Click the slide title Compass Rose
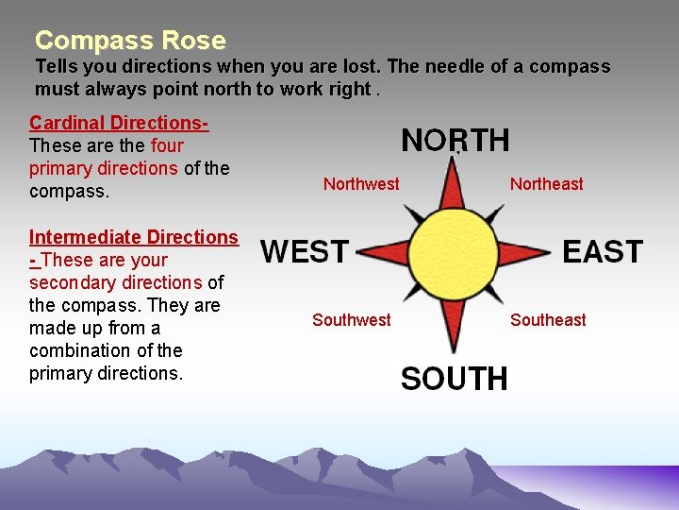click(x=130, y=41)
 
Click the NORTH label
click(x=455, y=141)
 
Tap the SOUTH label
click(x=454, y=379)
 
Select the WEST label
click(x=305, y=252)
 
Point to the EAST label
click(x=603, y=252)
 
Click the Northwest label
click(x=361, y=184)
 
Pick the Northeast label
click(x=546, y=184)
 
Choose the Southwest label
click(x=351, y=320)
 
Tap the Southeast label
click(x=548, y=320)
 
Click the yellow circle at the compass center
click(x=455, y=253)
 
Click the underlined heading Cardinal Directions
click(x=119, y=123)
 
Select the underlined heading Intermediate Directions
click(x=134, y=237)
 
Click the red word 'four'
click(x=167, y=145)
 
